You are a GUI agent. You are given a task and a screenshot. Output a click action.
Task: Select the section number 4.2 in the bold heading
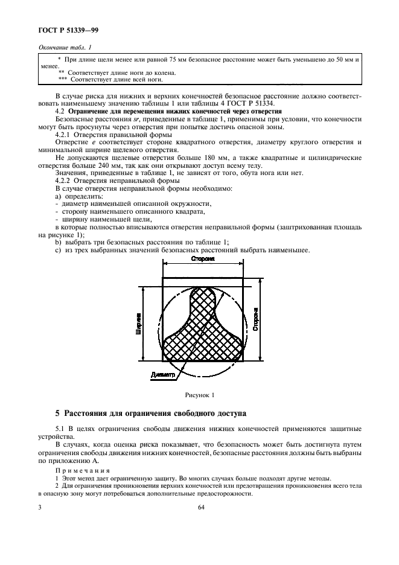(60, 112)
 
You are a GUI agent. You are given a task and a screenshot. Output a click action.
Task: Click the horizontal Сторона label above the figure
(203, 258)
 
